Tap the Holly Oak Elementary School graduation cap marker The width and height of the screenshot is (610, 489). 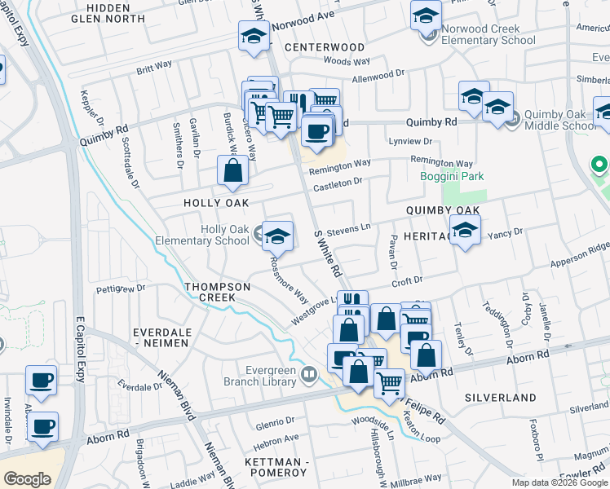click(x=278, y=235)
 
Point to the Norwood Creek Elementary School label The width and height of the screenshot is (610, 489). click(x=488, y=34)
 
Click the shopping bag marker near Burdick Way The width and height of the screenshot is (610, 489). click(x=233, y=170)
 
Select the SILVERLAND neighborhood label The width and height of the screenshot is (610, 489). click(x=500, y=398)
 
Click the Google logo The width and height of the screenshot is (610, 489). click(x=27, y=478)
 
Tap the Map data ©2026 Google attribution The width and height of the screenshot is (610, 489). click(x=559, y=482)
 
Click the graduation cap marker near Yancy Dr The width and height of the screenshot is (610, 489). click(x=465, y=231)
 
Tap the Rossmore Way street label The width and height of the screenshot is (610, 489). click(x=290, y=281)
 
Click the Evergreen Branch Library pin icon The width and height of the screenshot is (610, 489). click(x=308, y=375)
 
